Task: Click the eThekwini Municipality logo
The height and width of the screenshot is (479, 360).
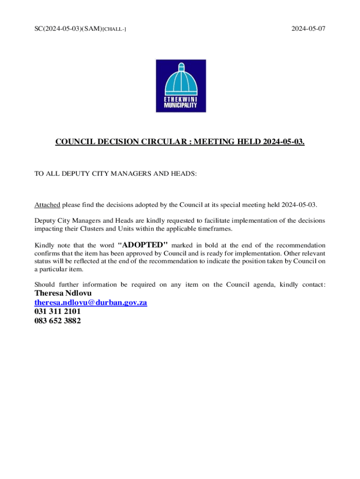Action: click(180, 86)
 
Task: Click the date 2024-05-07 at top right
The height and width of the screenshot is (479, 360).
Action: click(308, 29)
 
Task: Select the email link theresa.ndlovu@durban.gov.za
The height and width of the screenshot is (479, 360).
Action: click(91, 303)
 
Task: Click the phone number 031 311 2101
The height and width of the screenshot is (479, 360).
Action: click(54, 312)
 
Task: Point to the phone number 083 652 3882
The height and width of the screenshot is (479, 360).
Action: click(58, 321)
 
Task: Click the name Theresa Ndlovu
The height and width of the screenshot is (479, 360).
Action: click(63, 293)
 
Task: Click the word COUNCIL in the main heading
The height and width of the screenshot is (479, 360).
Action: click(76, 141)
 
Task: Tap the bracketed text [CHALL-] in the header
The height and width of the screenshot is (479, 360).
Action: click(114, 29)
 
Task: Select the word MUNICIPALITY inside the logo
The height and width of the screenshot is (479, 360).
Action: click(180, 106)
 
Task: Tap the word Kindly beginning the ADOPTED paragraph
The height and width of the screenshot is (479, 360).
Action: click(44, 245)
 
